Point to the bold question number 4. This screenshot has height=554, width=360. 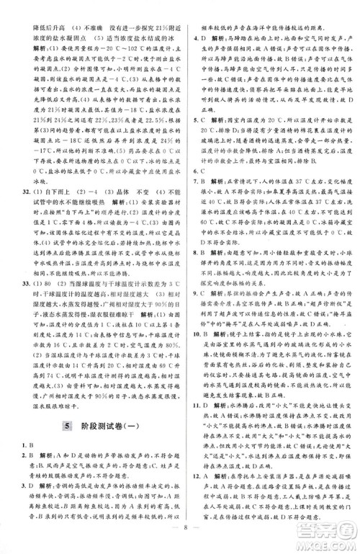[189, 35]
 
